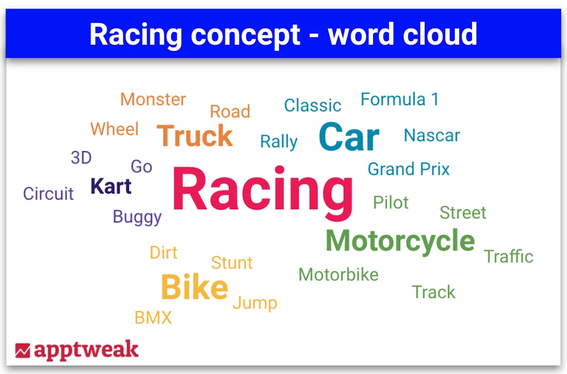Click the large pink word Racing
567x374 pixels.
point(263,192)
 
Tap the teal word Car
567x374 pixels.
point(349,136)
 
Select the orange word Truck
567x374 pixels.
point(195,136)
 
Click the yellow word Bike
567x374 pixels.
point(194,287)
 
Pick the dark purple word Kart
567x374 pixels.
point(111,186)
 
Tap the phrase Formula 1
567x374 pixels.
point(400,99)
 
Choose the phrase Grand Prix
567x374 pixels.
point(409,169)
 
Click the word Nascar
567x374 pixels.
point(432,135)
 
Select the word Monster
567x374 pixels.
point(153,99)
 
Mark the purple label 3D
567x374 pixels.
point(81,157)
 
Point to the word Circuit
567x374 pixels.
point(48,194)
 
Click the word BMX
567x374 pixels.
point(153,317)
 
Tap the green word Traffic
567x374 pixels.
point(508,256)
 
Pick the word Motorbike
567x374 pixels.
point(338,274)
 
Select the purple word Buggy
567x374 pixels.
point(137,217)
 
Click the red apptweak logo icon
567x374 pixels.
point(23,350)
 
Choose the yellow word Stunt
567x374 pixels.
point(232,263)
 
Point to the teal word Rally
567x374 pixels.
point(279,142)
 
